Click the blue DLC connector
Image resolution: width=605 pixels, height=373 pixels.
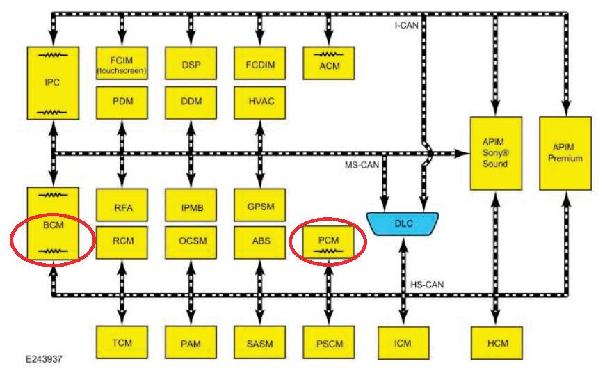click(403, 223)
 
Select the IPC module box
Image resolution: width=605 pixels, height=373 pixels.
click(52, 82)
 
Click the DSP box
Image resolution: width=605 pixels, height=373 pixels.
click(191, 63)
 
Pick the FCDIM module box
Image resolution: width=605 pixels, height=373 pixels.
click(260, 63)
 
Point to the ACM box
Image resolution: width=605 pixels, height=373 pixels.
click(330, 63)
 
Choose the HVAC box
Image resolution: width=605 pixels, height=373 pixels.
click(260, 101)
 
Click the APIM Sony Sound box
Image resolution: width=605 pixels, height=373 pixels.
click(495, 153)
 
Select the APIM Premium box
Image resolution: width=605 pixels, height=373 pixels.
click(565, 153)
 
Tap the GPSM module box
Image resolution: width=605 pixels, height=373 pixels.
click(260, 207)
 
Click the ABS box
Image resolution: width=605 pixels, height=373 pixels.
click(260, 241)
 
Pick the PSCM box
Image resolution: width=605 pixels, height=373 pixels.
click(330, 342)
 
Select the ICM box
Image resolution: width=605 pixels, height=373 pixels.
click(403, 342)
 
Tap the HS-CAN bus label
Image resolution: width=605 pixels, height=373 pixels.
click(427, 284)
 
